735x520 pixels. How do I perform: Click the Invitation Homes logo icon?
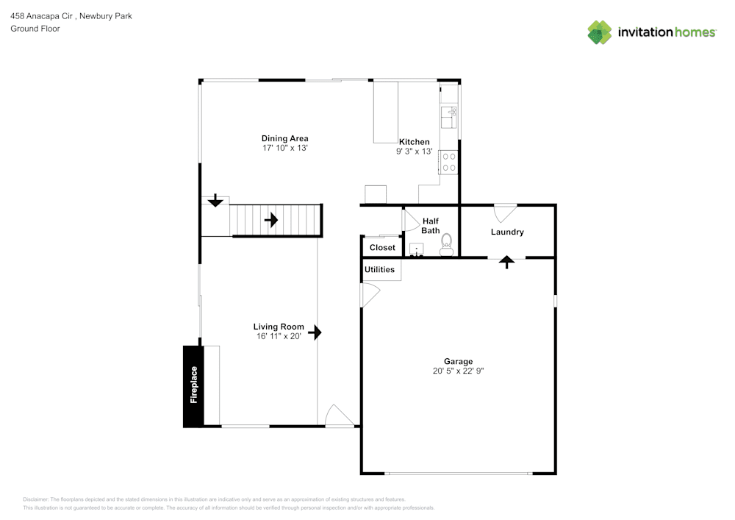599,32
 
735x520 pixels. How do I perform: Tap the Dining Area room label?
284,138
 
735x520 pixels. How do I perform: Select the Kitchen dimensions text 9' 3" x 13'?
414,152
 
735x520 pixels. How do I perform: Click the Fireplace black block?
193,385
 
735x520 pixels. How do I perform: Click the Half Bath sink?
417,249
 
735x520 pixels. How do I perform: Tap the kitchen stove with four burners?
448,162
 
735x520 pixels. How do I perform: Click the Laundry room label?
507,232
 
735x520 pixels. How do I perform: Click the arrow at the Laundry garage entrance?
506,262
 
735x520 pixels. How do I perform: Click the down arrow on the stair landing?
215,200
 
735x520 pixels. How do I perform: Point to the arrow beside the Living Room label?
315,332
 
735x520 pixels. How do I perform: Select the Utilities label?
380,270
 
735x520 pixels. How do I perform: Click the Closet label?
382,248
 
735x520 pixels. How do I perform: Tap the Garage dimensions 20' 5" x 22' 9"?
458,371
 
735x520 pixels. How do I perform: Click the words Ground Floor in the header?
35,29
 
